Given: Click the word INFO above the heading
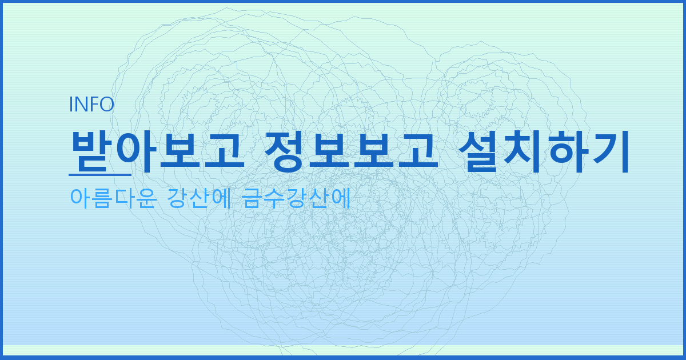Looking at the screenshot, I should tap(91, 104).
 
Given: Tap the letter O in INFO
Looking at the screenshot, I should tap(107, 104).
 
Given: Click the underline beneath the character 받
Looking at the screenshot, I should tap(99, 174).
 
